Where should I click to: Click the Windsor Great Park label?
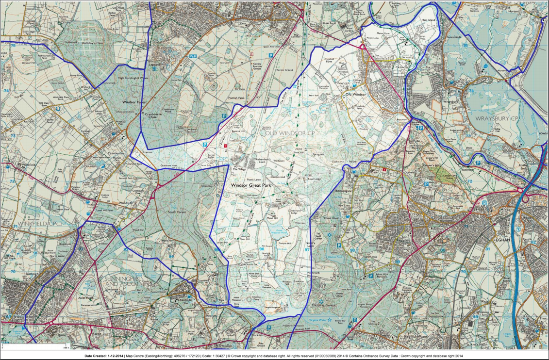click(x=250, y=185)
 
